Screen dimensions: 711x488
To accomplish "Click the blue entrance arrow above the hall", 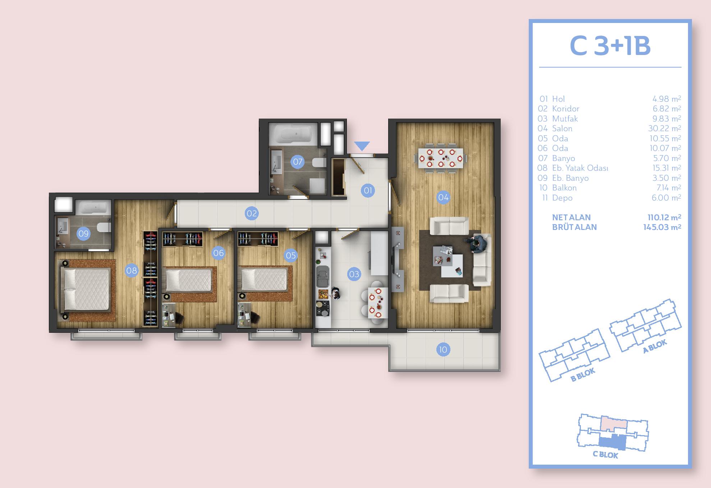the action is tap(362, 146).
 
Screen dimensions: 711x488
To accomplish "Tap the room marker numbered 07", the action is tap(298, 162).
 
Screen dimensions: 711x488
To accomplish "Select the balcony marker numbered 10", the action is tap(443, 349).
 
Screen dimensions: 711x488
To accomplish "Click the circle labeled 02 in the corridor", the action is tap(252, 213).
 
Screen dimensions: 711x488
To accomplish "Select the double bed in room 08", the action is tap(85, 289).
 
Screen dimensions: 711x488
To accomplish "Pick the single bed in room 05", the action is tap(264, 279).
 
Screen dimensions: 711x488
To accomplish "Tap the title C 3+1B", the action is tap(610, 46).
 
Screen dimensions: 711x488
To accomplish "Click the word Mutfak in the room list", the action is tap(565, 119).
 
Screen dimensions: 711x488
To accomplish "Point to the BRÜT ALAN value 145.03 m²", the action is tap(662, 227).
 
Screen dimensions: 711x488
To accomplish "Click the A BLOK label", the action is tap(655, 346).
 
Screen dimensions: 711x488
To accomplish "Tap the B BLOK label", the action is tap(583, 374).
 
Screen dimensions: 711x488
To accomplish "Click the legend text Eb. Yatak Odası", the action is tap(580, 168).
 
